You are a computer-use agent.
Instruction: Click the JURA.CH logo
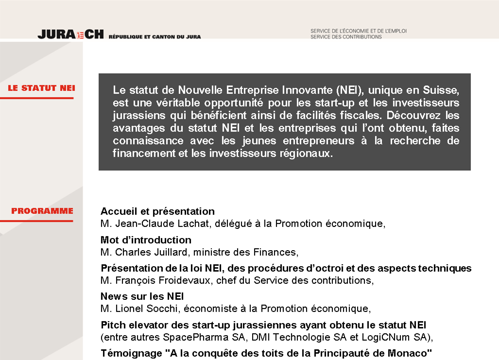click(x=70, y=34)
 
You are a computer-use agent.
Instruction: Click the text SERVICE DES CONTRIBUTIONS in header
click(x=346, y=37)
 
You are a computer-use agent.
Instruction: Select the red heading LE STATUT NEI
click(x=41, y=88)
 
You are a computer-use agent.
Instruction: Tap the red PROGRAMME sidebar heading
click(x=42, y=211)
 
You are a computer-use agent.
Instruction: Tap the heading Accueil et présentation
click(x=157, y=211)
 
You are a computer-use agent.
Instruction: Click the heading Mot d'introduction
click(x=146, y=240)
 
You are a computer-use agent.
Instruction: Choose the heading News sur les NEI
click(x=142, y=296)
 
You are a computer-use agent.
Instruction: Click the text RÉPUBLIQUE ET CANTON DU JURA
click(x=155, y=36)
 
